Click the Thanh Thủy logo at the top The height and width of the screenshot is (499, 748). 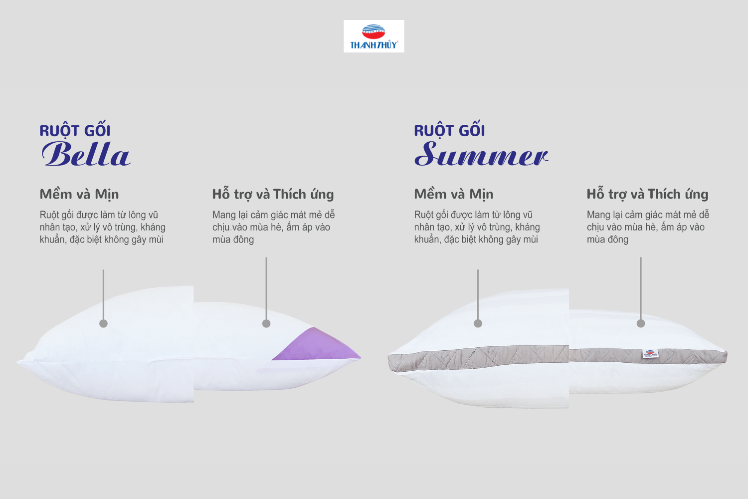pyautogui.click(x=374, y=36)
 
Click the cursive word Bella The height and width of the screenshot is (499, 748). pyautogui.click(x=86, y=154)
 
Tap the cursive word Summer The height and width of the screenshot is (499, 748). pyautogui.click(x=481, y=154)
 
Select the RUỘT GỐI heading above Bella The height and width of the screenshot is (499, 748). pyautogui.click(x=75, y=130)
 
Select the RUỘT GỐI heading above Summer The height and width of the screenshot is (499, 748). pyautogui.click(x=449, y=130)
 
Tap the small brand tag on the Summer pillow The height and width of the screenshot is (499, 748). pyautogui.click(x=650, y=354)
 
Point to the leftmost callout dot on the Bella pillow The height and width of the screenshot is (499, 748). pyautogui.click(x=104, y=323)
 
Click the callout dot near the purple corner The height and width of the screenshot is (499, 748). pyautogui.click(x=266, y=323)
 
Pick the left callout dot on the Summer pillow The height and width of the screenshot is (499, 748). pyautogui.click(x=478, y=323)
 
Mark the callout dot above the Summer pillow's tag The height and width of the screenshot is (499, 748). pyautogui.click(x=641, y=323)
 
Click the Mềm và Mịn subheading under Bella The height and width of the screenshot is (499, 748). pyautogui.click(x=79, y=194)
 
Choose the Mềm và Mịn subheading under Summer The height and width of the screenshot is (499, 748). pyautogui.click(x=454, y=194)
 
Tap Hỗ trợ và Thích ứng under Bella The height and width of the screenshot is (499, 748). pyautogui.click(x=273, y=194)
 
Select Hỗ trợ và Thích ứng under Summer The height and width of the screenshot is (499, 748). pyautogui.click(x=647, y=194)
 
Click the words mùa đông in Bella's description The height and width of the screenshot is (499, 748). pyautogui.click(x=233, y=240)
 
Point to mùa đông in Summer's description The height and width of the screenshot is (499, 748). pyautogui.click(x=608, y=240)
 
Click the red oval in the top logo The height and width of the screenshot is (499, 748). pyautogui.click(x=374, y=32)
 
